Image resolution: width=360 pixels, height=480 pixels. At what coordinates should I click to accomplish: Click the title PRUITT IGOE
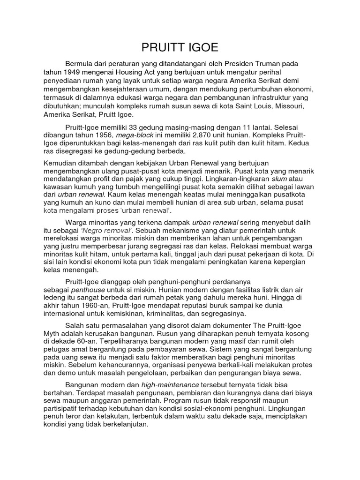tap(180, 47)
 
